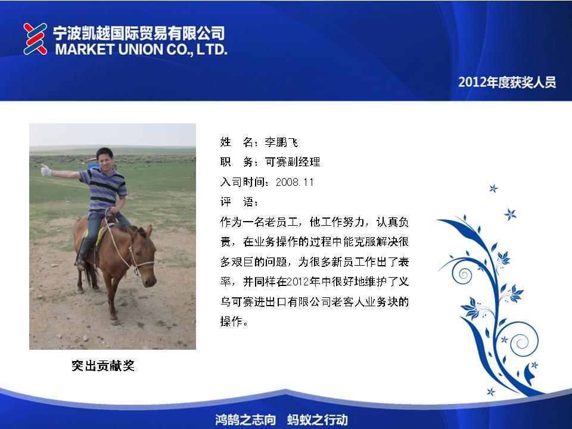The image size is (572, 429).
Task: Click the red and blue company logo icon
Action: [35, 39]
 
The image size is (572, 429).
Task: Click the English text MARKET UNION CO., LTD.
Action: [141, 49]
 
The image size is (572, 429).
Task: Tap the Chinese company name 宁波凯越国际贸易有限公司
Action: [139, 33]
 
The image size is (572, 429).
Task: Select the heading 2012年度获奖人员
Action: [507, 82]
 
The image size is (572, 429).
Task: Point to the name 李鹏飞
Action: [281, 142]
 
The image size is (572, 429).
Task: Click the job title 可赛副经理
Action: [293, 161]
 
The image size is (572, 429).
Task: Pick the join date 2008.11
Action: [294, 182]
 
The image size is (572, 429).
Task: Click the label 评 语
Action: [240, 202]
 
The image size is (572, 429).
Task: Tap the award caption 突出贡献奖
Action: [103, 365]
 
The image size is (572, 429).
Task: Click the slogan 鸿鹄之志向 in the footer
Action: [245, 419]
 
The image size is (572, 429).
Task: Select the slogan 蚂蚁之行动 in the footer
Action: [318, 419]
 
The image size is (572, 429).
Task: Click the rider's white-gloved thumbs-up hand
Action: [46, 170]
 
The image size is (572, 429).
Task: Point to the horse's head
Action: [144, 256]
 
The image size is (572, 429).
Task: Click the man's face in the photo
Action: [105, 160]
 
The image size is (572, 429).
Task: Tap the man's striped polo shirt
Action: [104, 189]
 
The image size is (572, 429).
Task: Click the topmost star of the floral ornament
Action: [493, 189]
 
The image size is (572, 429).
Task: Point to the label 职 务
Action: [240, 161]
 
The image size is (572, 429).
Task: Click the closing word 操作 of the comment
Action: [231, 321]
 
